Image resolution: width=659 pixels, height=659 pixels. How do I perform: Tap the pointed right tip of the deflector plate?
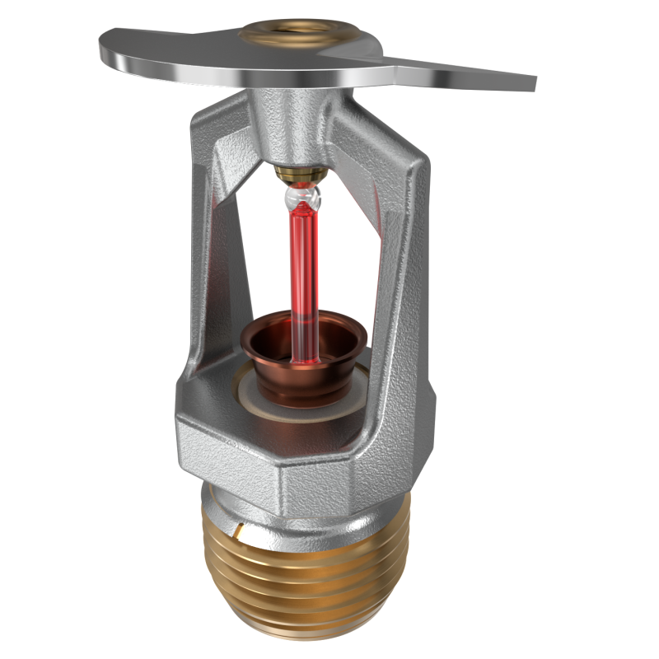pos(527,82)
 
